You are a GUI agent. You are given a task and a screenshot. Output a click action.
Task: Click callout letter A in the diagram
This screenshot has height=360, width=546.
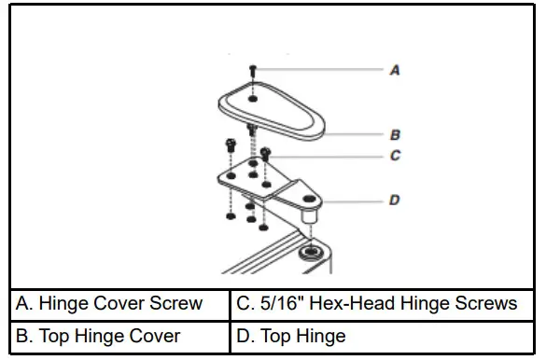click(395, 69)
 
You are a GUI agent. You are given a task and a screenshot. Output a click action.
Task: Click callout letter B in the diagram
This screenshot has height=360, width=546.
click(395, 135)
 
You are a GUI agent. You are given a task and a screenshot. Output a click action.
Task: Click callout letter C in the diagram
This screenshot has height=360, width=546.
click(395, 156)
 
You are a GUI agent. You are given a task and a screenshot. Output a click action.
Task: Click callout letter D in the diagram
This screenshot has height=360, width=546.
click(395, 200)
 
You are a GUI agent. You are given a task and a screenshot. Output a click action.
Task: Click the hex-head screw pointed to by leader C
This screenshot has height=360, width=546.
click(266, 151)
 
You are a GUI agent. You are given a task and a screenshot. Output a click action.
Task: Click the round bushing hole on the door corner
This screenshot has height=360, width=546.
click(308, 253)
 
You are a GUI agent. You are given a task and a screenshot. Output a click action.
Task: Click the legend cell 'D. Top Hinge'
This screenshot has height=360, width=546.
click(384, 336)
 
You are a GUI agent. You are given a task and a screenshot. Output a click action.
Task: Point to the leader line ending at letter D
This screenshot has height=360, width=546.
click(355, 200)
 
